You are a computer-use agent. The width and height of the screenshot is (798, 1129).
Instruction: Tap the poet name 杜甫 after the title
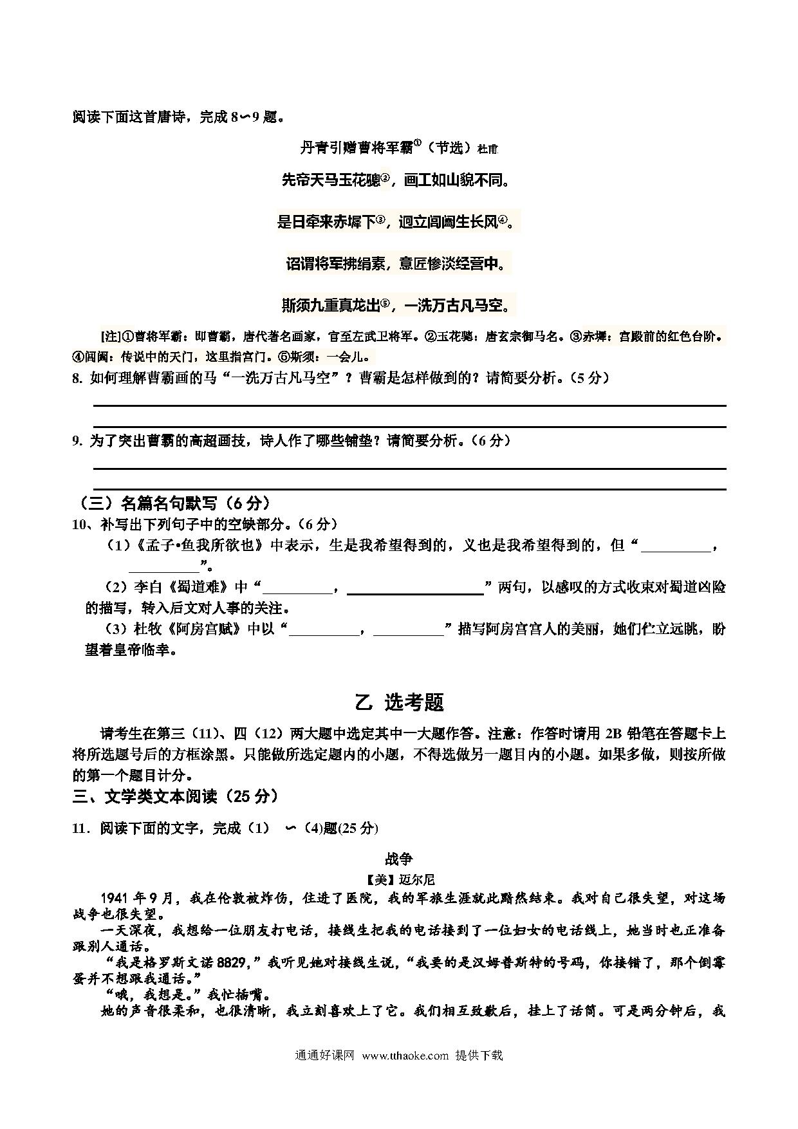point(487,149)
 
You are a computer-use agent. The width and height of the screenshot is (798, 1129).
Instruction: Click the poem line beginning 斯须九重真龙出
point(398,304)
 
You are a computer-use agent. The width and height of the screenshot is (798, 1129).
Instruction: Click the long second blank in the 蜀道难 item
point(415,588)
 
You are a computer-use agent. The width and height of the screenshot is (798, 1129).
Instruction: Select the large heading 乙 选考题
point(399,702)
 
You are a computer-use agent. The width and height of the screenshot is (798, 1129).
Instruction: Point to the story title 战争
point(399,859)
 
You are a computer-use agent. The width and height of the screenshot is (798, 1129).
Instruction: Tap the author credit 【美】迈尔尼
point(399,879)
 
